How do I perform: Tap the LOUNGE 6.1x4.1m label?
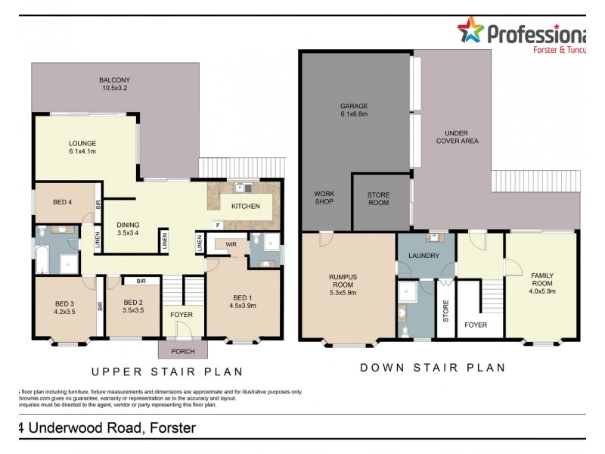[x=82, y=147]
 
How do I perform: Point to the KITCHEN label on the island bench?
[x=246, y=206]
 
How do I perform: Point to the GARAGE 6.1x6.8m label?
[x=353, y=110]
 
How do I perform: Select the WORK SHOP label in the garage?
[x=324, y=197]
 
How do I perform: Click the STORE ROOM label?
[x=378, y=199]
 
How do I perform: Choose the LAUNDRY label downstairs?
[x=423, y=256]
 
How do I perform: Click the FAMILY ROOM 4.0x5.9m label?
[x=542, y=281]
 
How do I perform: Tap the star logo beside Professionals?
[x=470, y=30]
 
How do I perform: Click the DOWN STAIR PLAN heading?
[x=432, y=368]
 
